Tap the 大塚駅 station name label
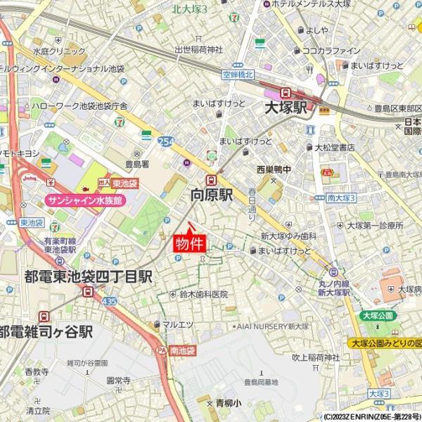tap(286, 108)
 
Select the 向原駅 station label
tap(212, 195)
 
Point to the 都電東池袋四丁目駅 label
tap(88, 276)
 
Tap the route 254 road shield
tap(166, 141)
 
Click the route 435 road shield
tap(109, 300)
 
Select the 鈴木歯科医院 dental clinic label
tap(203, 294)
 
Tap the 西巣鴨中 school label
tap(274, 170)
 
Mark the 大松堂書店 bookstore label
tap(334, 147)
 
